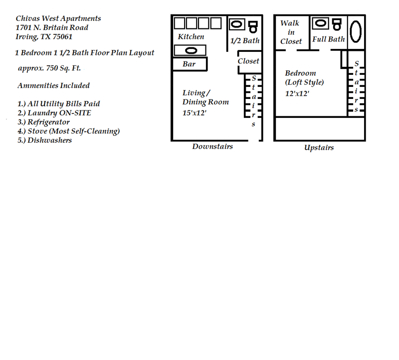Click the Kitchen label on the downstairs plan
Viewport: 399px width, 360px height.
click(191, 37)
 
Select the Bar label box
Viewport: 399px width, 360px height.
click(190, 64)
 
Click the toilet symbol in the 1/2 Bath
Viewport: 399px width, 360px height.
click(253, 24)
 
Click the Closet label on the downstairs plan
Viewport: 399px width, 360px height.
click(248, 61)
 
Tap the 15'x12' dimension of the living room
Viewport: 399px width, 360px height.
click(194, 113)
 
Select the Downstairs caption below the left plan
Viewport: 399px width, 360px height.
click(212, 147)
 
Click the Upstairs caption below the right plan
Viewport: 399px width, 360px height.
click(319, 148)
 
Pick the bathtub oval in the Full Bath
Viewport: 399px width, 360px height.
click(356, 31)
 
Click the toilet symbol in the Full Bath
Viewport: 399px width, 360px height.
click(337, 23)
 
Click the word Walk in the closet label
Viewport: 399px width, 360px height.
click(290, 23)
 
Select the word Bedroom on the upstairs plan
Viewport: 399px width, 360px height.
click(300, 73)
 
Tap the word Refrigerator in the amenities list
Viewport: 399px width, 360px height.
click(48, 122)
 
